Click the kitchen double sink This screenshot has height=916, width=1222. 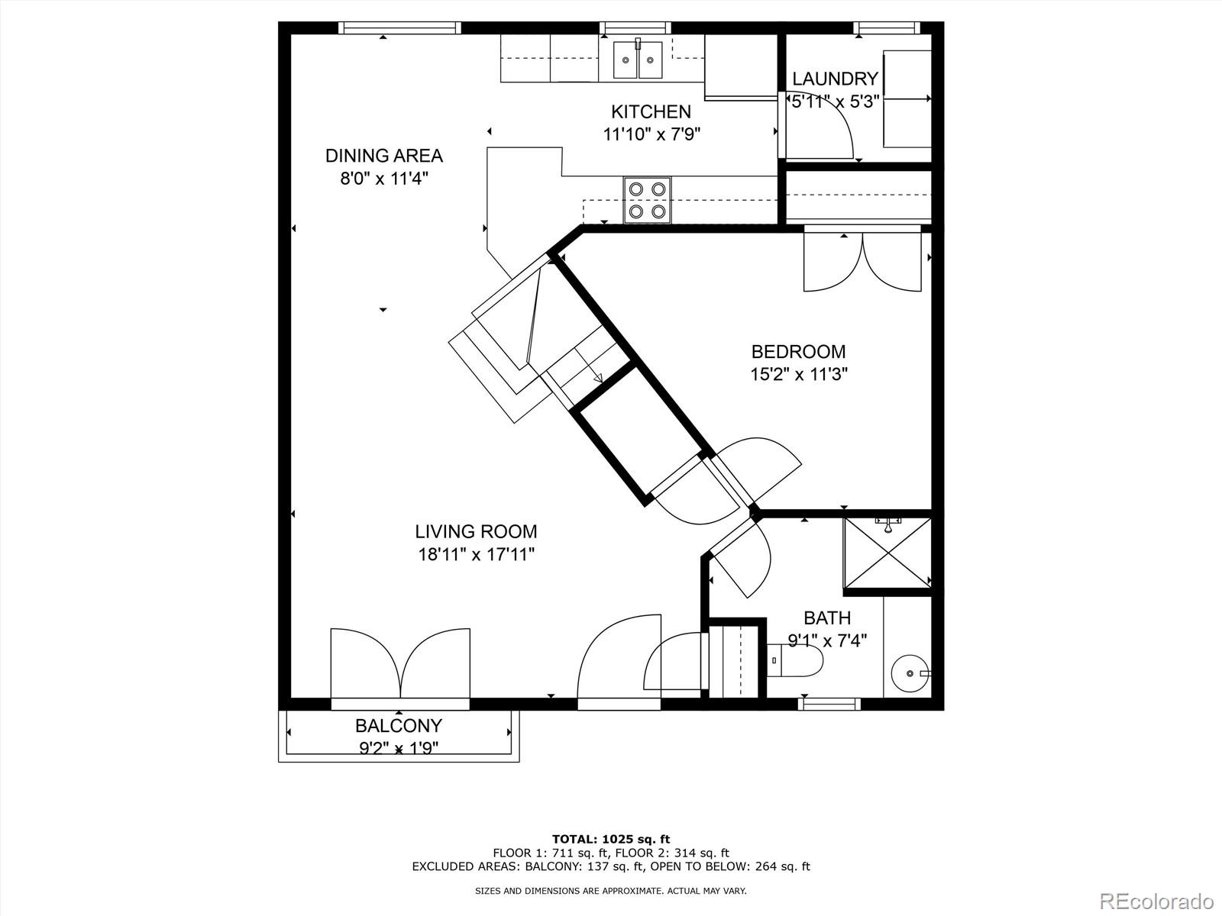(638, 60)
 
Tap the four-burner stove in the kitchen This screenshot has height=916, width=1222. (647, 200)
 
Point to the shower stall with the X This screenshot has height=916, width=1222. (887, 553)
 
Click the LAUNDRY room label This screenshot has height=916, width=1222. (835, 79)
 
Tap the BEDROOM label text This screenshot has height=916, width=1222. (798, 352)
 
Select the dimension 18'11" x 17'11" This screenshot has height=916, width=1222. (476, 554)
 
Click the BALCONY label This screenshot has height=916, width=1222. (399, 725)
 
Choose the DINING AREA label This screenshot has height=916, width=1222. (383, 156)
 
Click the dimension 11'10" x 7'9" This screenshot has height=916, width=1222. (651, 134)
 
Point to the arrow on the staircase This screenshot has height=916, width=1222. (597, 376)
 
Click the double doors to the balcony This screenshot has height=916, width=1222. (400, 664)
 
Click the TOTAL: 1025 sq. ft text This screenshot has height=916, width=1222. (610, 839)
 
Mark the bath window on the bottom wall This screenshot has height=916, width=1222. (829, 703)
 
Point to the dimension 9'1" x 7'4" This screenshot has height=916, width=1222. (827, 641)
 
